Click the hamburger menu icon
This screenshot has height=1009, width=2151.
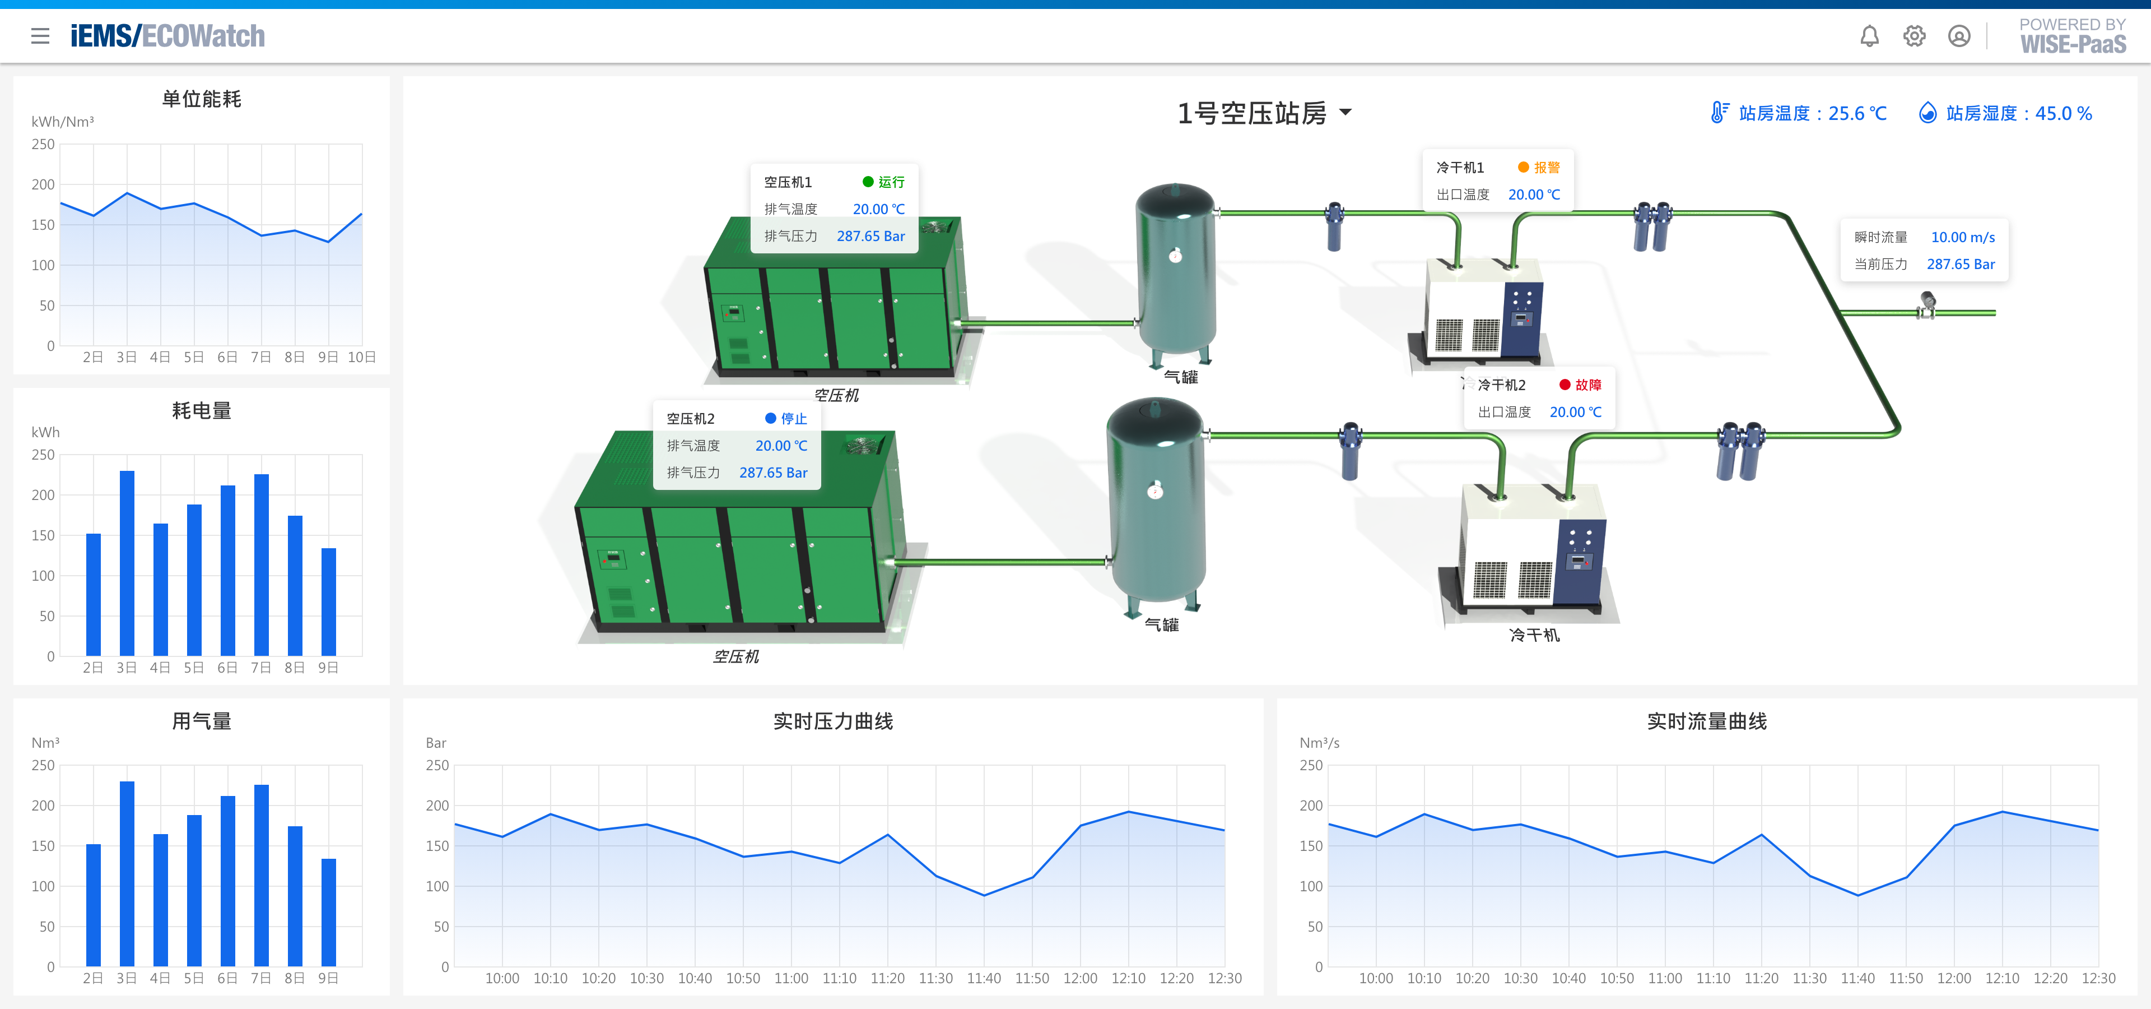click(x=40, y=36)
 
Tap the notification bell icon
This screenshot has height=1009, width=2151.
click(x=1870, y=36)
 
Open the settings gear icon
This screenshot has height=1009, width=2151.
click(x=1914, y=36)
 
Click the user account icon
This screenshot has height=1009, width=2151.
click(x=1959, y=36)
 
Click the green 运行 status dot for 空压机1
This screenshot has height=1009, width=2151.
click(x=868, y=181)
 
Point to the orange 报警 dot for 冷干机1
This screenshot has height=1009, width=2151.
click(x=1523, y=167)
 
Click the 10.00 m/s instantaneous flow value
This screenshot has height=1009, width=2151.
click(x=1962, y=237)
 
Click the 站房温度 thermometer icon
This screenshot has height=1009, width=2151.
click(x=1719, y=113)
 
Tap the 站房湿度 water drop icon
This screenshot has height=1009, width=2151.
click(x=1927, y=113)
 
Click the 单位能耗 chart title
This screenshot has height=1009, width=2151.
click(x=201, y=99)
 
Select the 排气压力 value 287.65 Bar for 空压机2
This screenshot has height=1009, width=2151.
click(x=773, y=473)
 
